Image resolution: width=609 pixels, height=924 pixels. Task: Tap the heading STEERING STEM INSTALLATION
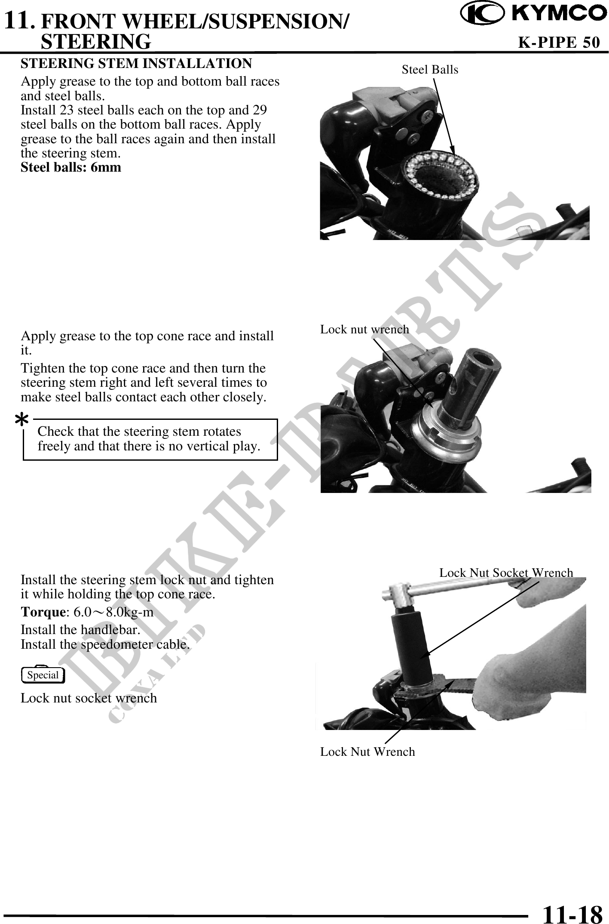point(136,63)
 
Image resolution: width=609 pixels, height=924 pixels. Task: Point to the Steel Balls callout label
point(430,69)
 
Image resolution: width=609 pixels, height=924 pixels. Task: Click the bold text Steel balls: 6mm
point(71,167)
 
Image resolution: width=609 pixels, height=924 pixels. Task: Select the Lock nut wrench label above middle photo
point(364,329)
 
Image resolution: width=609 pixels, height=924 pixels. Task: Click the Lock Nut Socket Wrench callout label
point(506,573)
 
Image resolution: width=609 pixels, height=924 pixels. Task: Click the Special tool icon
point(43,675)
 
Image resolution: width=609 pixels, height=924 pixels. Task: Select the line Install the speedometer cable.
point(105,645)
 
